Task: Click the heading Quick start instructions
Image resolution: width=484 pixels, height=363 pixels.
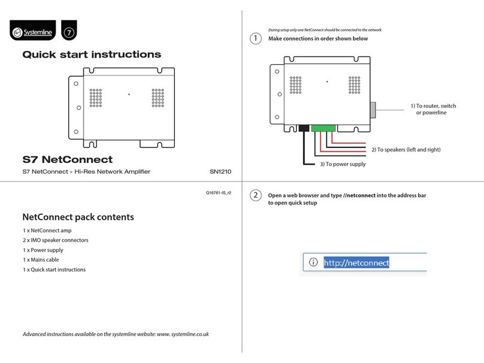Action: (x=92, y=55)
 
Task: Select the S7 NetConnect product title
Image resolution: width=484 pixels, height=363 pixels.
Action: (x=67, y=159)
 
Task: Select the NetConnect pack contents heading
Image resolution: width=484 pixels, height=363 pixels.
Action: (x=78, y=217)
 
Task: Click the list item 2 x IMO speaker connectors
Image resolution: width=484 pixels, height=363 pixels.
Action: (x=55, y=240)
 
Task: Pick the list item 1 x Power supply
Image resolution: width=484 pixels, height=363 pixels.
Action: (x=43, y=250)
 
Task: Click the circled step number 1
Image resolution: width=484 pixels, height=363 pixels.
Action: (x=255, y=39)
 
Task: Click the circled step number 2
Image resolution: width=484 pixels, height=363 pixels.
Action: (x=255, y=196)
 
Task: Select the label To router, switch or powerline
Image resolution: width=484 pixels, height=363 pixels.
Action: (x=432, y=110)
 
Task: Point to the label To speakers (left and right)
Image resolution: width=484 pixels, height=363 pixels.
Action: (x=406, y=150)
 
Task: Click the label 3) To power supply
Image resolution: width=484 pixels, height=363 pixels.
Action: (x=341, y=164)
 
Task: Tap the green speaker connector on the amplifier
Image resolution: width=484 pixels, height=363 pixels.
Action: (x=323, y=128)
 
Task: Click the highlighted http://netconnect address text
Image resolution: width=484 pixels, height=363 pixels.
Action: (x=356, y=262)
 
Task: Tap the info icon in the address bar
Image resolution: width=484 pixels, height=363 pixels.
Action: (x=312, y=262)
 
